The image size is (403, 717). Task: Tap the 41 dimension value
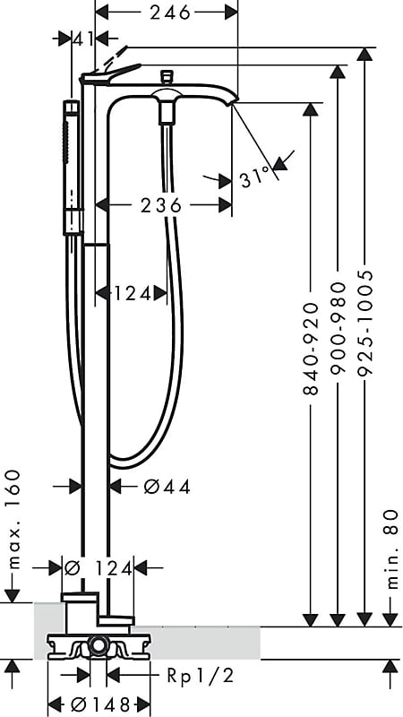tap(82, 38)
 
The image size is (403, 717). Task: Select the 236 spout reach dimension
tap(161, 205)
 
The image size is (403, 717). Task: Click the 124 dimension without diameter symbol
tap(132, 293)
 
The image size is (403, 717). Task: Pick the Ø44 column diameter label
tap(167, 487)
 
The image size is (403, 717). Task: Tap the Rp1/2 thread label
tap(199, 675)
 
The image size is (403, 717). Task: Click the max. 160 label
tap(13, 521)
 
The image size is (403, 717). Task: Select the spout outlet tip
tap(235, 102)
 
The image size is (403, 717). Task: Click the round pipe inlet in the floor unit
tap(98, 644)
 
